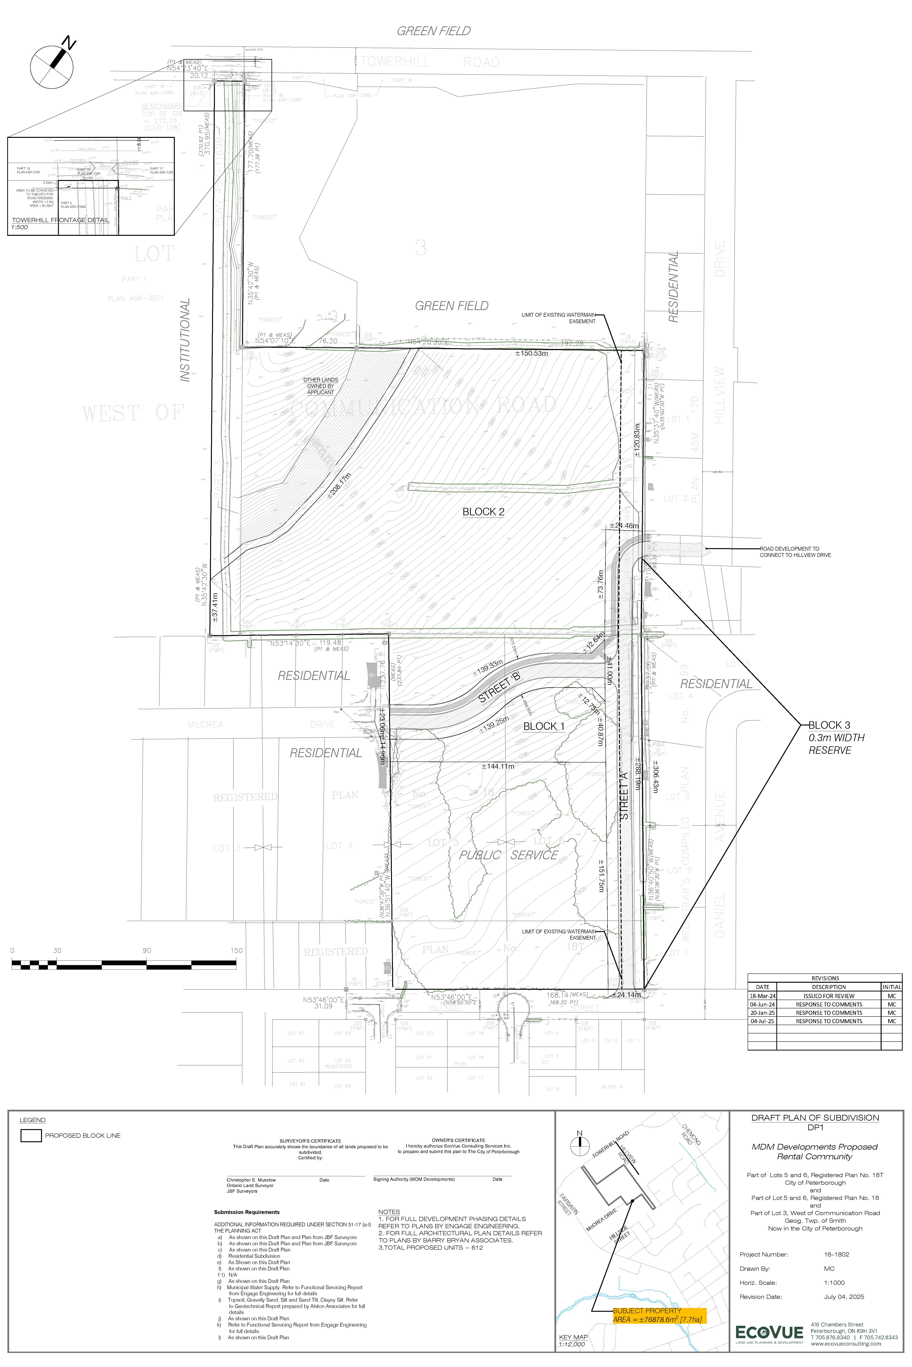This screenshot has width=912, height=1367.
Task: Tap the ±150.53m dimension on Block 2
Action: point(532,353)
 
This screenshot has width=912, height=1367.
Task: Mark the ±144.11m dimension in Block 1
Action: point(498,766)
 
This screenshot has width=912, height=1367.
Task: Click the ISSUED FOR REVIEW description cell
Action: point(829,996)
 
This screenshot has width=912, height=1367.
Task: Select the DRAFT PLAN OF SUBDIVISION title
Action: point(815,1117)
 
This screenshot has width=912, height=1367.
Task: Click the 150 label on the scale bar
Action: point(236,950)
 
